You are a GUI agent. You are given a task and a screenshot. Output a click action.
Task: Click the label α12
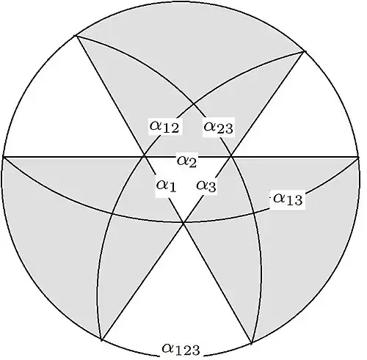pos(164,127)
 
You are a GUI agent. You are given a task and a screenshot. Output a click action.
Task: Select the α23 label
pos(219,127)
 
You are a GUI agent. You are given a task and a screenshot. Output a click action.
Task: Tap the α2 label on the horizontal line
pos(186,161)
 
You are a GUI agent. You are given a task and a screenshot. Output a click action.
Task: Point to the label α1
pos(166,185)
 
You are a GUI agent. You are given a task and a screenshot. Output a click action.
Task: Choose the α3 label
pos(206,185)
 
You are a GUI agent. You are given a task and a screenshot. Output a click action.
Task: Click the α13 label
pos(288,199)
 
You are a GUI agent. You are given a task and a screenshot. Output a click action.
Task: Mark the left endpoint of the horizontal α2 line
pos(3,157)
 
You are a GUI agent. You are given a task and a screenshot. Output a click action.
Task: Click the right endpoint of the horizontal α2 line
pos(357,157)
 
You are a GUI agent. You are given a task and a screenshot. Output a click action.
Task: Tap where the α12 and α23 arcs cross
pos(194,104)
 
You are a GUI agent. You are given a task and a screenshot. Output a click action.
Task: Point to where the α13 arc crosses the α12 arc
pos(112,213)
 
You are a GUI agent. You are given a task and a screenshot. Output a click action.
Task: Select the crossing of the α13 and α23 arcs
pos(254,213)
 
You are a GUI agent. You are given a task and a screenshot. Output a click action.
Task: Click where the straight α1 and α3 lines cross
pos(183,222)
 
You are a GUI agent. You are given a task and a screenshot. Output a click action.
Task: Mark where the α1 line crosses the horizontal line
pos(145,156)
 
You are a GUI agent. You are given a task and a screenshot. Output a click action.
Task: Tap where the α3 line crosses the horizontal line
pos(231,156)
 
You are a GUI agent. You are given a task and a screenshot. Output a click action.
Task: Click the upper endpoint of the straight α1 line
pos(76,36)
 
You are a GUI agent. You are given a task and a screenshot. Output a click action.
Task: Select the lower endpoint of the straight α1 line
pos(251,343)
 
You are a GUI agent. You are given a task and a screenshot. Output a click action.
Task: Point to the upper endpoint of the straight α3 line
pos(305,51)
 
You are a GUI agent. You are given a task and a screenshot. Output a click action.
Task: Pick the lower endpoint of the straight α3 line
pos(101,339)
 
